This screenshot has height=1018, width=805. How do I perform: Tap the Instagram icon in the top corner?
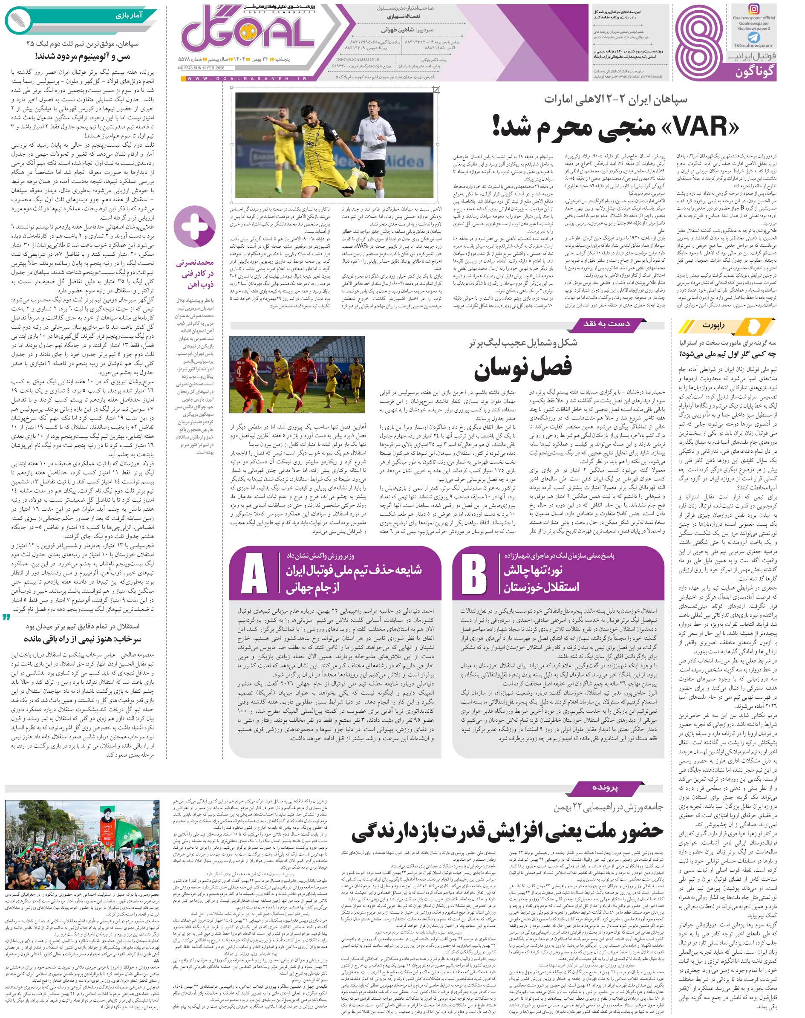(x=754, y=9)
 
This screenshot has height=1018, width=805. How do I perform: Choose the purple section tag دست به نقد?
(x=613, y=324)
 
